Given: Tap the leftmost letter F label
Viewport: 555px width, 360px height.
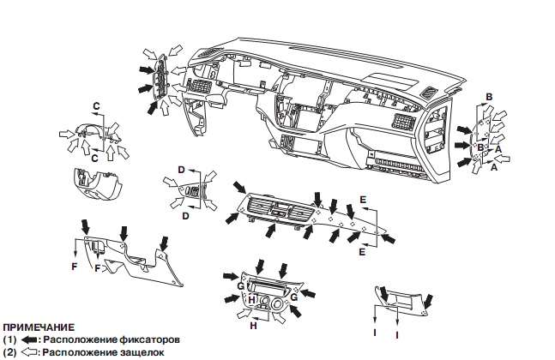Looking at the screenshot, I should coord(75,267).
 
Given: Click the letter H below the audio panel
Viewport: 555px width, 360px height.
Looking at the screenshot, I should coord(254,327).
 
